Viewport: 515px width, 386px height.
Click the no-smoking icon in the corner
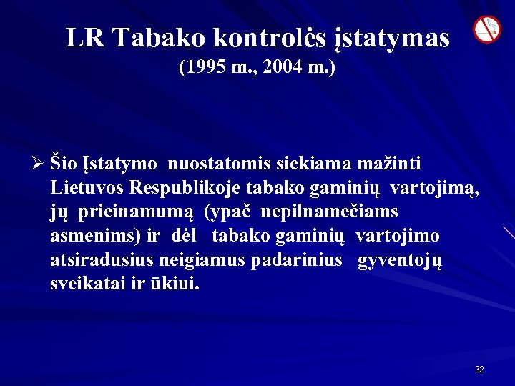(487, 29)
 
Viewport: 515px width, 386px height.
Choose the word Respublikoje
(183, 189)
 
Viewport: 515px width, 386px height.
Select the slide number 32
(479, 370)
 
